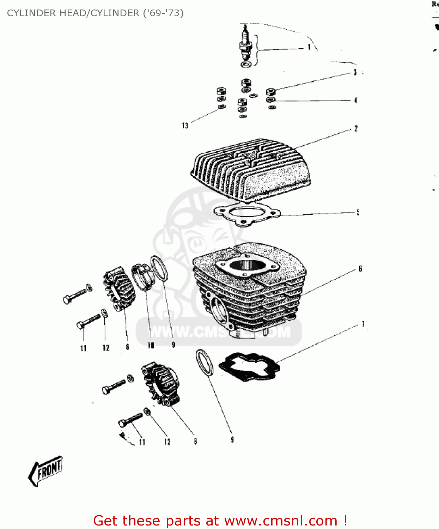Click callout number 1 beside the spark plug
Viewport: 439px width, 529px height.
point(309,47)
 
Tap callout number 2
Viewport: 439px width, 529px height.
point(356,129)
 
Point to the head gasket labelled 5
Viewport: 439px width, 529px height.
point(247,213)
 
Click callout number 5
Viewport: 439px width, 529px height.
point(358,212)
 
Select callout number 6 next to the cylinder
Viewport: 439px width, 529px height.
point(360,269)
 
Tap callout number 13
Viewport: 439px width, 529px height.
point(185,126)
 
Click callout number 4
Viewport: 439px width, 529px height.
point(355,101)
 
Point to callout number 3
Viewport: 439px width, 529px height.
point(355,72)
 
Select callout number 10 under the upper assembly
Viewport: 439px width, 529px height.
point(151,345)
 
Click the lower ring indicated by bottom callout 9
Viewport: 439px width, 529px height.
point(205,363)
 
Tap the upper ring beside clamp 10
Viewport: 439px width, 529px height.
point(159,269)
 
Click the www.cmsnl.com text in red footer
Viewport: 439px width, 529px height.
point(281,521)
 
